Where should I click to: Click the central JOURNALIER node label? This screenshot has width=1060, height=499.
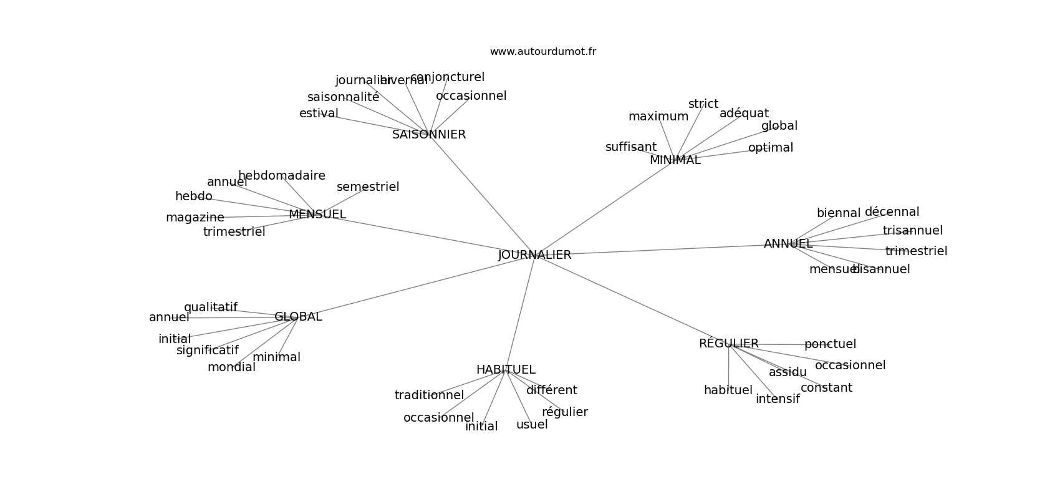[534, 255]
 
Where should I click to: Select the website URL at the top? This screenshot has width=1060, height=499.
[542, 52]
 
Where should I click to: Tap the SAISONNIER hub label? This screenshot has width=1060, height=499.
[429, 135]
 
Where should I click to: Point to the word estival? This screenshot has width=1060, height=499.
[319, 114]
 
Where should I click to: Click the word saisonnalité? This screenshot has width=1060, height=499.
[343, 97]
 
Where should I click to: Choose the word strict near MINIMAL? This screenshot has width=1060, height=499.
[703, 104]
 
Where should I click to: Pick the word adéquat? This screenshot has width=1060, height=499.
[744, 114]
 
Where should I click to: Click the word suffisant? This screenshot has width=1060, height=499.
[630, 147]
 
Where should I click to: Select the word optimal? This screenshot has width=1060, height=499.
[771, 148]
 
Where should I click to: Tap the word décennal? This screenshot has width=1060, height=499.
[892, 212]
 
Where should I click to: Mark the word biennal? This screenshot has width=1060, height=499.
[838, 213]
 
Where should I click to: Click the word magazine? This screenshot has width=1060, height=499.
[195, 218]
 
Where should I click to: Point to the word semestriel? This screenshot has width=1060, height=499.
[368, 187]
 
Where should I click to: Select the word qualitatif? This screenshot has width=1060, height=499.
[210, 308]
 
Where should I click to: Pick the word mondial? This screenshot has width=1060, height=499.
[231, 367]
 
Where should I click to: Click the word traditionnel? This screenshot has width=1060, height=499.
[429, 395]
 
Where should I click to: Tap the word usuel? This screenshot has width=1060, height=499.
[532, 425]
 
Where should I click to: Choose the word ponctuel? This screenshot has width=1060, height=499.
[830, 344]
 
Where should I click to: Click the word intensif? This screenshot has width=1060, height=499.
[778, 399]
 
